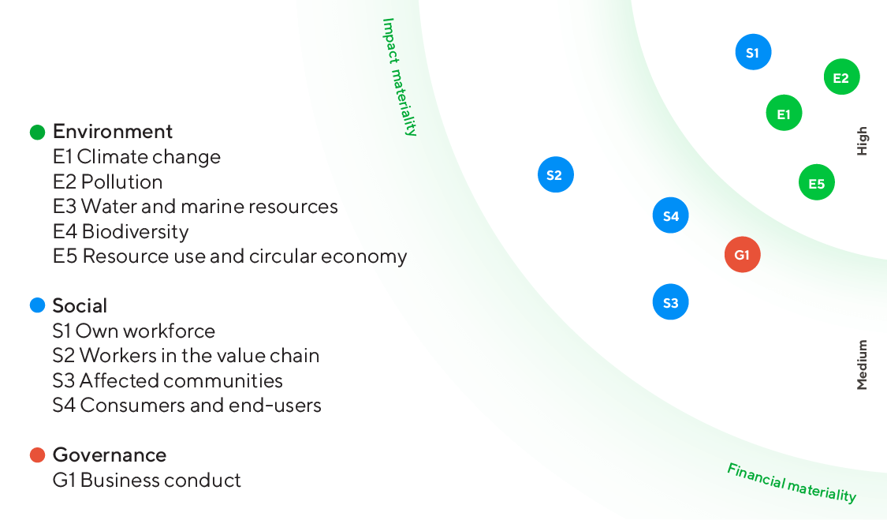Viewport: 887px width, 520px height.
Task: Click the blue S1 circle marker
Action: (x=752, y=53)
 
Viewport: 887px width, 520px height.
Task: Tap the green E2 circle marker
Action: (x=841, y=77)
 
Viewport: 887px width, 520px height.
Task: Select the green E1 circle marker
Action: (x=784, y=114)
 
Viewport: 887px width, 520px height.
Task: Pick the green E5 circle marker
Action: (x=816, y=183)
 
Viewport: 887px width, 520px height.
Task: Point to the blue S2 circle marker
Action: (x=555, y=174)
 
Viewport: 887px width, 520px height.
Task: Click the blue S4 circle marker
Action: (x=671, y=215)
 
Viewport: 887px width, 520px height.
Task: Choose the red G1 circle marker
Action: (x=742, y=254)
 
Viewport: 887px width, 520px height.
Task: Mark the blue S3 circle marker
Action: (x=671, y=301)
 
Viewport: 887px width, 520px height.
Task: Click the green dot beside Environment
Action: (x=37, y=132)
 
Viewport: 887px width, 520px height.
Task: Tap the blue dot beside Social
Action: (x=37, y=305)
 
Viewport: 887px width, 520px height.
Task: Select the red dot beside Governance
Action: (x=37, y=455)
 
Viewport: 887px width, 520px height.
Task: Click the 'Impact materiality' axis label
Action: (x=400, y=77)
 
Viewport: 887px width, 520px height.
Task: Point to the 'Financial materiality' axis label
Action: (x=791, y=482)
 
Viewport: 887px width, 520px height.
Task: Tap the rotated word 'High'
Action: (x=862, y=140)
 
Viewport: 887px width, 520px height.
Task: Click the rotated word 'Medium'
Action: (x=862, y=365)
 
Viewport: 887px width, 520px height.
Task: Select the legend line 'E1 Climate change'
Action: (x=136, y=157)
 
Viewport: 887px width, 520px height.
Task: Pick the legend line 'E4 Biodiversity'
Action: (x=121, y=232)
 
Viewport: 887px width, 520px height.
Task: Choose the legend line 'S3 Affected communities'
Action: (x=167, y=381)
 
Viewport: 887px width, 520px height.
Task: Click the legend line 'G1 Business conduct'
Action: (x=147, y=481)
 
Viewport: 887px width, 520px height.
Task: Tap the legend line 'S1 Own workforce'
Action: (x=133, y=331)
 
